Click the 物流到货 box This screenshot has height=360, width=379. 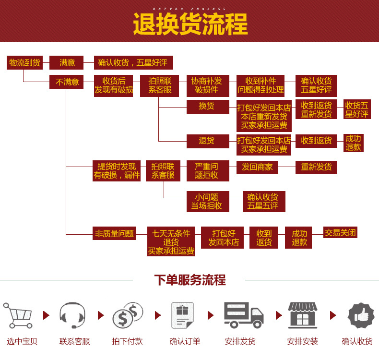coord(25,63)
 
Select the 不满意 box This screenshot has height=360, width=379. coord(67,82)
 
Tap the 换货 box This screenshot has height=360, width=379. coord(208,107)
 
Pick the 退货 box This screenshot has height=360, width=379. coord(208,141)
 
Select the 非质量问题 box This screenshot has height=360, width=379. coord(114,234)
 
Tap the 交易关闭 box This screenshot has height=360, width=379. coord(341,233)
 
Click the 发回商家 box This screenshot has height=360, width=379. coord(257,167)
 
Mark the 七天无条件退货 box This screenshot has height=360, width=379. coord(171,242)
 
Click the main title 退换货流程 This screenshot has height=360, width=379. coord(190,24)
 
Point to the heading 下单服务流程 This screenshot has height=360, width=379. coord(189,280)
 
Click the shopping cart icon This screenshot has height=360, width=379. coord(19,315)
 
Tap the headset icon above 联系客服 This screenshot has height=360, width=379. coord(73,315)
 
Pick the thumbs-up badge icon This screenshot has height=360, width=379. coord(361,315)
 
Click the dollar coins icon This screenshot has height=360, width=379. coord(128,315)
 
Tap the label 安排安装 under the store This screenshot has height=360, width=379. coord(302,342)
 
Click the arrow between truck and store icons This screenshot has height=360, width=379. coord(278,315)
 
